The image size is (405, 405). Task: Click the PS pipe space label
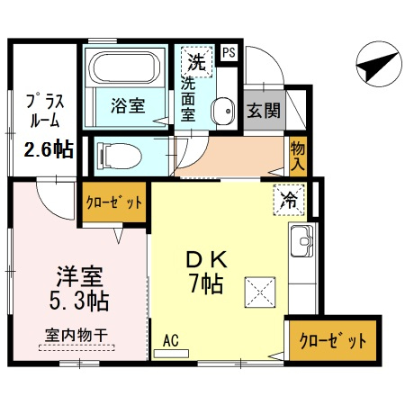229,53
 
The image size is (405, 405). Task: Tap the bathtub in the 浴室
124,67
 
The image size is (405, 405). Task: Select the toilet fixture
120,156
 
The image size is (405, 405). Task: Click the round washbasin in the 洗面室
223,111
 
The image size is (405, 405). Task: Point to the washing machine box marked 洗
196,62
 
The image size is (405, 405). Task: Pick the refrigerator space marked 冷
289,200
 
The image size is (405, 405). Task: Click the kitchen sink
302,241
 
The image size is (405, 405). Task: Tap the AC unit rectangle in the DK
171,354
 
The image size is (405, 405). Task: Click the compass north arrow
378,65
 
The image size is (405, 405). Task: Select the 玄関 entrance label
264,111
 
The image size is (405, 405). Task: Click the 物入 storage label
298,157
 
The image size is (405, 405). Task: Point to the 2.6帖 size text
49,149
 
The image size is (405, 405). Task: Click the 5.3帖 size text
79,301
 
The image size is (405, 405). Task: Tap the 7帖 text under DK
206,283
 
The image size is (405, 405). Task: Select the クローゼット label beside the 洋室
114,202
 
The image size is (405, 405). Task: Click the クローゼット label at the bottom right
333,340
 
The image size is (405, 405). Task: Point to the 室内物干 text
76,336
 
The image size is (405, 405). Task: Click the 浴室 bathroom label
128,105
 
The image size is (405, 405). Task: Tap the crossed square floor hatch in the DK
260,292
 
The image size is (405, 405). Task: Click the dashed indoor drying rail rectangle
76,347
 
